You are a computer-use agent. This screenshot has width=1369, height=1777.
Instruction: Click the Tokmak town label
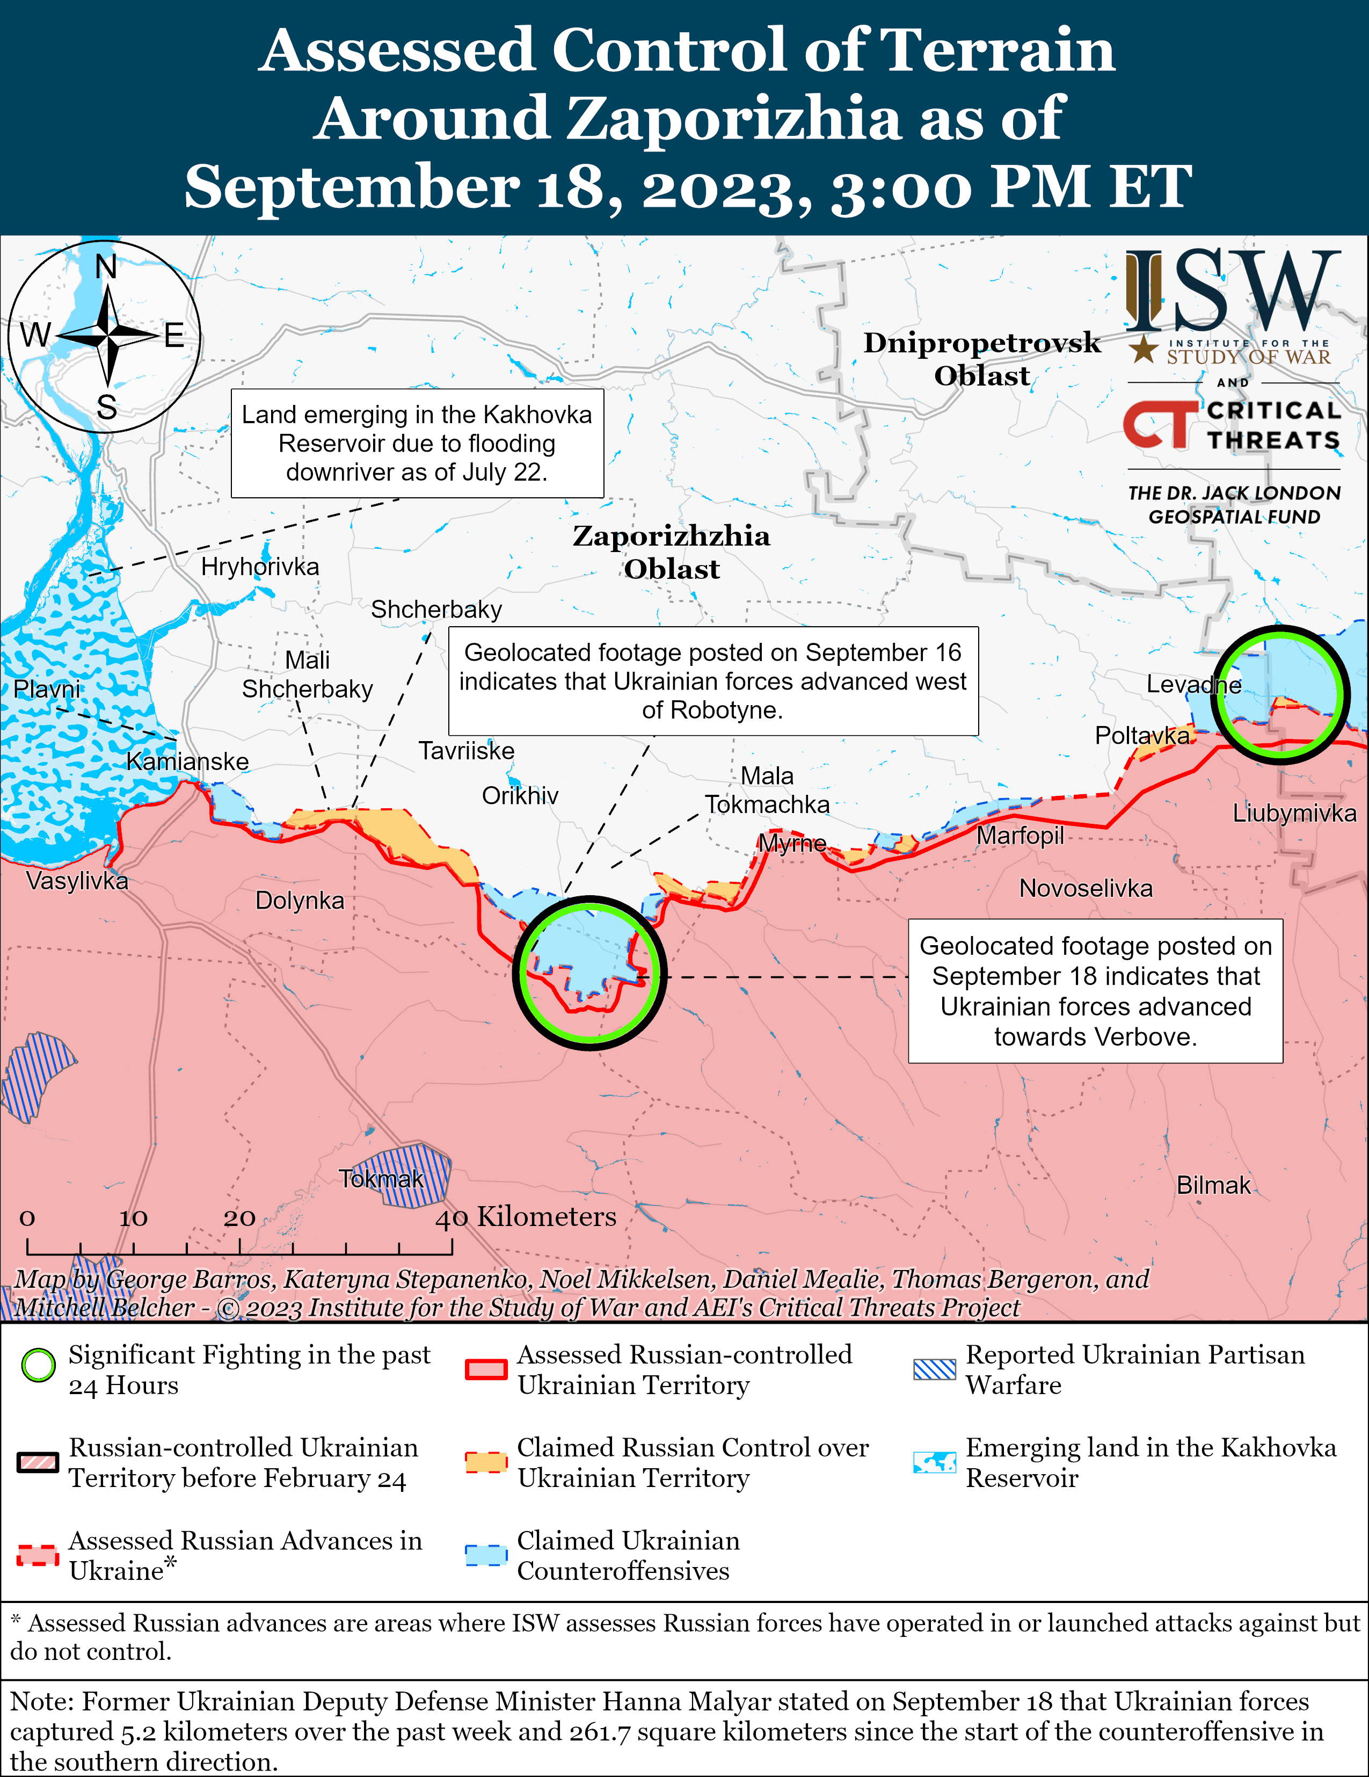tap(381, 1179)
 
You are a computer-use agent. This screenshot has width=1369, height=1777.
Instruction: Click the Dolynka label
tap(300, 900)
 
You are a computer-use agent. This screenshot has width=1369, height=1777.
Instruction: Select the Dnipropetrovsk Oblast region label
tap(982, 359)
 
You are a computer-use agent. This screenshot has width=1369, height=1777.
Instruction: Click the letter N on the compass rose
tap(106, 267)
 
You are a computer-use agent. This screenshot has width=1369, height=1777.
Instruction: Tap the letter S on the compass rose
tap(106, 407)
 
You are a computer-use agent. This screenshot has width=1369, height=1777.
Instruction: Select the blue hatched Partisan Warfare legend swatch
tap(934, 1369)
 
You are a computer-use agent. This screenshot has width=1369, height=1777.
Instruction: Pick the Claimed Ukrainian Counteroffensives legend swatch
tap(486, 1555)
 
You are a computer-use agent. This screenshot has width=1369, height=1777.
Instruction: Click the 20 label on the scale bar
tap(239, 1217)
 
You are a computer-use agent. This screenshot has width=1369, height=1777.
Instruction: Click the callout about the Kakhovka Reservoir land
tap(417, 444)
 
